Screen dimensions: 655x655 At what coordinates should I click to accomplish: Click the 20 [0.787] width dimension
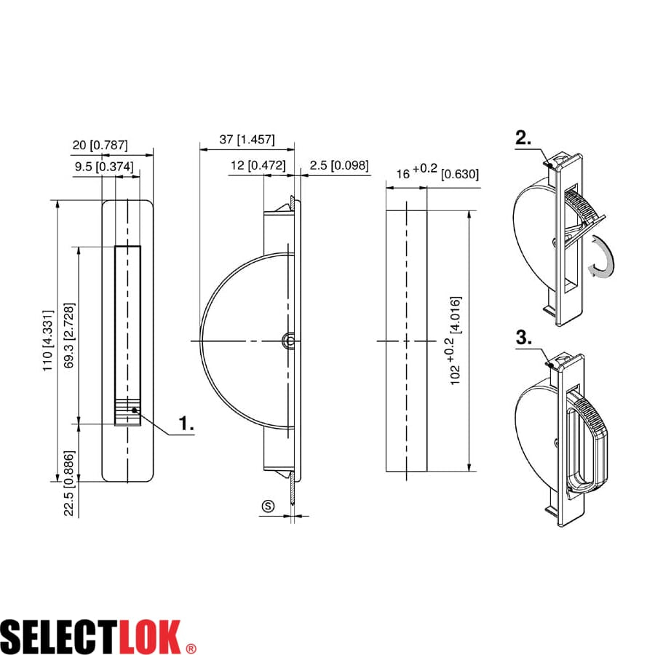(x=100, y=145)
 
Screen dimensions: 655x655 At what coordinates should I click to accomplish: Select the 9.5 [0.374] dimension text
(x=104, y=167)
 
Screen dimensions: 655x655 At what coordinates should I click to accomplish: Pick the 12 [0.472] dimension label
(x=257, y=165)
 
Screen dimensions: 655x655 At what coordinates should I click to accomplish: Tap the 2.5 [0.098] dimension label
(x=338, y=165)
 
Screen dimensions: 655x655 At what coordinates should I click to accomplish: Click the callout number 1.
(x=187, y=424)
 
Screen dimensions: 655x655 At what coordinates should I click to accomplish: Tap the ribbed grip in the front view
(x=127, y=412)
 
